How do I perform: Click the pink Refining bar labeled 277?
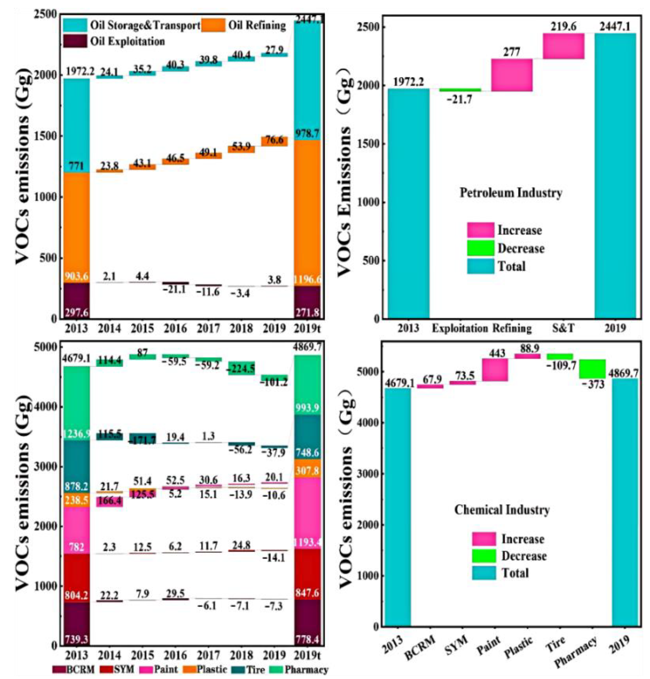tap(512, 75)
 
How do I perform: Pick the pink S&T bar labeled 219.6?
tap(563, 46)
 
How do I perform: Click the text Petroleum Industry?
tap(511, 193)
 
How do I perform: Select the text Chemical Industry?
tap(502, 510)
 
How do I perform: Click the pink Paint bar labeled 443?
tap(495, 370)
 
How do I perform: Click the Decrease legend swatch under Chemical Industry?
tap(483, 556)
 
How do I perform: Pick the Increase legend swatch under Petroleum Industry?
tap(480, 230)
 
